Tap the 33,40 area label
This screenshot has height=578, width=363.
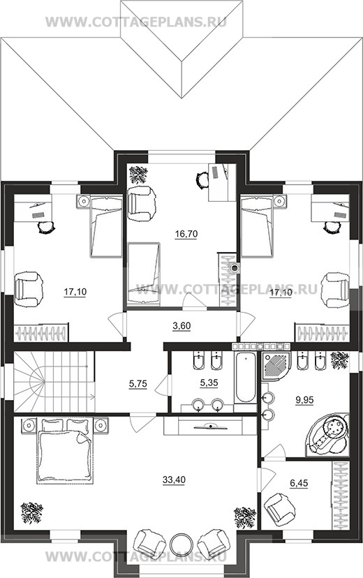click(174, 480)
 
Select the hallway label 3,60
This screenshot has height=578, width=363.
click(181, 326)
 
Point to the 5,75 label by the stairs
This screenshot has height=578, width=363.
click(138, 384)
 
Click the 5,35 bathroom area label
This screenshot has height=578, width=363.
click(209, 383)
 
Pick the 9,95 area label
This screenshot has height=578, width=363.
click(304, 399)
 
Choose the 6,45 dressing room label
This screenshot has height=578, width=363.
click(299, 483)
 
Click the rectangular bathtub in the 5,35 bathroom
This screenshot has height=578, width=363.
click(246, 378)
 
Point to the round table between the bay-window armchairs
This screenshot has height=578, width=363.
click(181, 544)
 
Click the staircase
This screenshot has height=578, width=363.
click(54, 382)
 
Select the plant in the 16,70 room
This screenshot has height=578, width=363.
click(138, 175)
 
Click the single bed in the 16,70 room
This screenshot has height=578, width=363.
click(144, 274)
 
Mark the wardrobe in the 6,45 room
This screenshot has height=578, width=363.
click(341, 495)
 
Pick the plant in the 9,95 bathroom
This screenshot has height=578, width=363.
click(339, 360)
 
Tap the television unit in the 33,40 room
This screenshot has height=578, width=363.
click(210, 426)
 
